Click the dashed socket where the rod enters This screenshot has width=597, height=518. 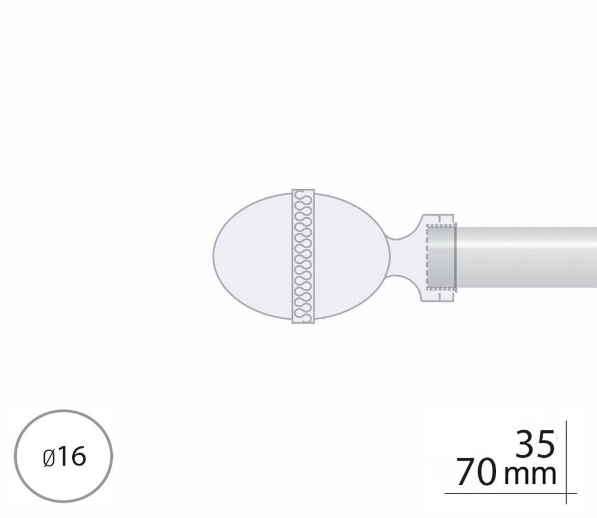(x=441, y=256)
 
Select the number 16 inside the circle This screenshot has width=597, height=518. (x=73, y=457)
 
